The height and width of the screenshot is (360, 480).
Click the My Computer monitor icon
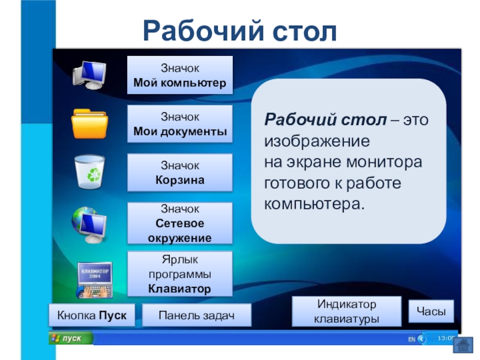tap(89, 75)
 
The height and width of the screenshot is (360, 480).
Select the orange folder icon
tap(89, 124)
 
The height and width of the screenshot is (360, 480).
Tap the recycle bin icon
tap(89, 172)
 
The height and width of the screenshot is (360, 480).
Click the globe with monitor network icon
tap(89, 224)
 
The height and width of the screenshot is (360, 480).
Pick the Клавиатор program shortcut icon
tap(95, 280)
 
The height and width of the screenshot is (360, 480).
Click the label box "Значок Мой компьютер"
tap(179, 75)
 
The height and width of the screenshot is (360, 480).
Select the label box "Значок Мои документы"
tap(179, 124)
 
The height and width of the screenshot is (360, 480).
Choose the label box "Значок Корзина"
tap(179, 173)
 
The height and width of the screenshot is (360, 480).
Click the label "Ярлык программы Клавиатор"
tap(179, 274)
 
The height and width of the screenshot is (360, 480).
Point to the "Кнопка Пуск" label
tap(92, 315)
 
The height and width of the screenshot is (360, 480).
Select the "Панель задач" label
tap(197, 315)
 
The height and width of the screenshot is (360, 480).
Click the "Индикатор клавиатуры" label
tap(347, 311)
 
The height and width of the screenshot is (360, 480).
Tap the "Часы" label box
tap(431, 311)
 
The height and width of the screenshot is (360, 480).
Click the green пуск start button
tap(71, 338)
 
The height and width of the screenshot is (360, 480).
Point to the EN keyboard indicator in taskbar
tap(412, 339)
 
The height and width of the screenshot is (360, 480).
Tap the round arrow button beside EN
tap(422, 338)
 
